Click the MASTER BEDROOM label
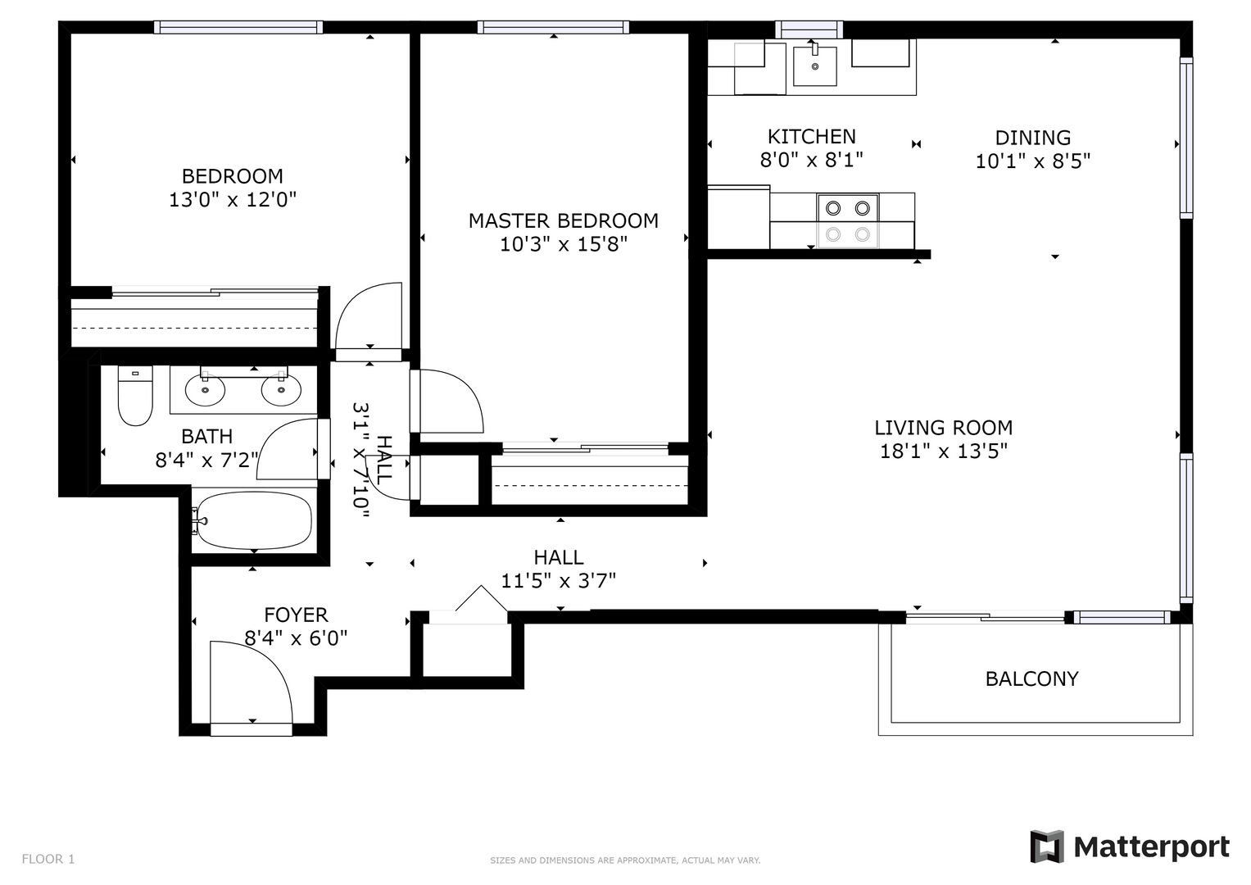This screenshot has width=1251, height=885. [563, 220]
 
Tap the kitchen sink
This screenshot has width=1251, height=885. [815, 66]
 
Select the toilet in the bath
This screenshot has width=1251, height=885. [135, 396]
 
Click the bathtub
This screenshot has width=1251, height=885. [255, 520]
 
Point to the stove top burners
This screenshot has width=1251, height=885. [848, 220]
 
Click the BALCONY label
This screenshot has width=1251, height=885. [1031, 678]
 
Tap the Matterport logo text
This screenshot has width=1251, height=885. [1152, 847]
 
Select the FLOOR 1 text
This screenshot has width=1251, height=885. [48, 859]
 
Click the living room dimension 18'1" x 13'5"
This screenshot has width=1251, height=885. [943, 451]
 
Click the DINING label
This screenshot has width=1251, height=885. [1032, 138]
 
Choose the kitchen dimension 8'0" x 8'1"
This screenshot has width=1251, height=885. [812, 160]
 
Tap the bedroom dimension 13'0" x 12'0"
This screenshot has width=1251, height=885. [233, 199]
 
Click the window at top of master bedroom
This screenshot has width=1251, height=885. [553, 27]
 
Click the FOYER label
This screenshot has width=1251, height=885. [296, 615]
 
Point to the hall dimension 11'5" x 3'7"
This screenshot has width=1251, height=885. [558, 581]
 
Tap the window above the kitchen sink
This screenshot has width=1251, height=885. [809, 29]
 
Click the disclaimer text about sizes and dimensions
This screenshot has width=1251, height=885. [625, 860]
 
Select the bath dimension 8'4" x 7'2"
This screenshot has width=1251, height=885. [207, 461]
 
